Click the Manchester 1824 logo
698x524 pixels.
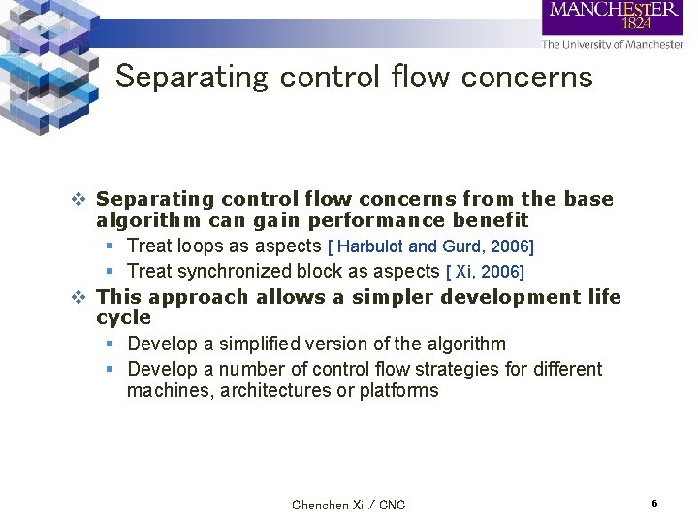pos(613,16)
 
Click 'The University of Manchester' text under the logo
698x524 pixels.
pos(613,44)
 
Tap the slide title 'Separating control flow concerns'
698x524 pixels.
pos(354,77)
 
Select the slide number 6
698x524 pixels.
pos(655,504)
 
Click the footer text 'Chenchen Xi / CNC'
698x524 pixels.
pos(349,505)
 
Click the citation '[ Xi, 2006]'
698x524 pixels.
pos(485,273)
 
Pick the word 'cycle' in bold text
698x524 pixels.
pos(124,318)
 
